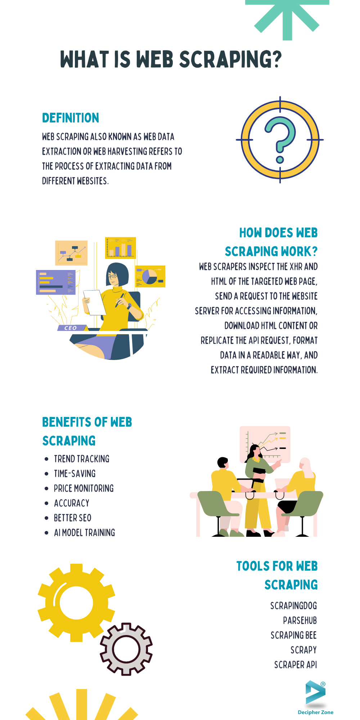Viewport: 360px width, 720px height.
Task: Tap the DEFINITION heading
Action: click(x=71, y=118)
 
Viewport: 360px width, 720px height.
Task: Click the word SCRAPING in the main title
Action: click(x=230, y=59)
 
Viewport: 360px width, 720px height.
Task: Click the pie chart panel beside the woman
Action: click(x=150, y=276)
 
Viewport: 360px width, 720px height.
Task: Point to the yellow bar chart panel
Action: click(x=121, y=248)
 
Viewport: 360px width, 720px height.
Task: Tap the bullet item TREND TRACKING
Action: click(x=82, y=459)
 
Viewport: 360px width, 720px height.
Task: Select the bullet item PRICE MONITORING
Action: click(x=84, y=489)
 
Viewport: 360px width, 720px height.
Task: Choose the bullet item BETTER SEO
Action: click(x=73, y=518)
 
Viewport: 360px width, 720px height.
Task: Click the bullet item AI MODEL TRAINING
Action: click(x=85, y=533)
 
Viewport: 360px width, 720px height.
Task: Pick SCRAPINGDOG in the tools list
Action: click(x=294, y=606)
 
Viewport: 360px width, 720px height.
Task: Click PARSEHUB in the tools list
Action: click(x=300, y=621)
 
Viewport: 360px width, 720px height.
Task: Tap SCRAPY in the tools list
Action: click(x=304, y=650)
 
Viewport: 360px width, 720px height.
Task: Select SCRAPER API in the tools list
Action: click(x=296, y=665)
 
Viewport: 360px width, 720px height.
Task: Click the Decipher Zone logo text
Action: click(x=316, y=712)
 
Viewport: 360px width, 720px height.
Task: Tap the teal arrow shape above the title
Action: click(x=287, y=18)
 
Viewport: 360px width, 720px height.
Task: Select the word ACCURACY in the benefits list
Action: click(x=72, y=503)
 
